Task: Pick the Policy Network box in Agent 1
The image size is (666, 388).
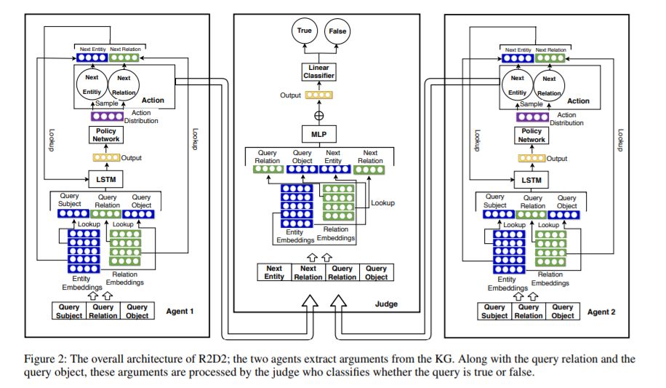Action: click(x=106, y=135)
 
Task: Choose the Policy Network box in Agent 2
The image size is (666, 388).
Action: click(x=531, y=135)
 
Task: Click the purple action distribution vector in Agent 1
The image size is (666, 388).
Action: click(x=106, y=115)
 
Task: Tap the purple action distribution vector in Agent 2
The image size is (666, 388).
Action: click(x=531, y=116)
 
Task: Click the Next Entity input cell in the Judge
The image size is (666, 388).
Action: click(x=274, y=272)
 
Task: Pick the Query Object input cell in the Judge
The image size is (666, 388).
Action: click(x=376, y=272)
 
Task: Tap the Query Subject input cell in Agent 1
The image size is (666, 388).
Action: click(x=70, y=311)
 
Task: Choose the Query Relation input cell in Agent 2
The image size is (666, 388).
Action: click(x=529, y=311)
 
